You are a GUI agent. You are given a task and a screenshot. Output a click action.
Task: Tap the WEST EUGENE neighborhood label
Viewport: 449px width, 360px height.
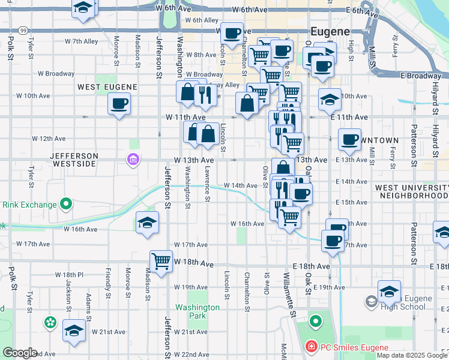tap(107, 87)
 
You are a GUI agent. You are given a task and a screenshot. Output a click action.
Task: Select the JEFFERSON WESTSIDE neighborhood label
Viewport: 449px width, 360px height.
tap(74, 160)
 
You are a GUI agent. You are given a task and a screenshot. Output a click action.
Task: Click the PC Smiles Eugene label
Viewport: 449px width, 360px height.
tap(346, 346)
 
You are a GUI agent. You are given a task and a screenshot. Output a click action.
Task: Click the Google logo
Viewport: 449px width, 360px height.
tap(19, 353)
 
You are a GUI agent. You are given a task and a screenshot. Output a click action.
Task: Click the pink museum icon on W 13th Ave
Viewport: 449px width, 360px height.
tap(133, 160)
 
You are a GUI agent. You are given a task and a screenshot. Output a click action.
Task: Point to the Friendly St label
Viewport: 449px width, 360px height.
tap(109, 282)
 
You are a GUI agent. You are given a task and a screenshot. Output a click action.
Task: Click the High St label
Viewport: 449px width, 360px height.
tap(351, 45)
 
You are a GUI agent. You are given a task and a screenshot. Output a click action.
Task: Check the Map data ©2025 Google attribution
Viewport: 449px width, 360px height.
tap(412, 355)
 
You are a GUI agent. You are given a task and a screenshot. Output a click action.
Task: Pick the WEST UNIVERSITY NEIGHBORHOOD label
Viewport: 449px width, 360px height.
tap(412, 192)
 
